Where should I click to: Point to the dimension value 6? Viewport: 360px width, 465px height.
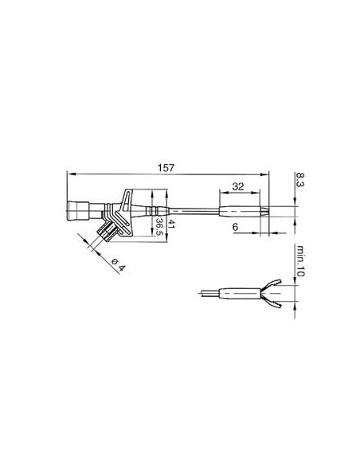click(x=237, y=227)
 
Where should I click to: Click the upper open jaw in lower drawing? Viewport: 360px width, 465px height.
click(x=273, y=283)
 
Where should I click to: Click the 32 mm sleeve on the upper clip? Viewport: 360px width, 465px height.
click(x=239, y=213)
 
